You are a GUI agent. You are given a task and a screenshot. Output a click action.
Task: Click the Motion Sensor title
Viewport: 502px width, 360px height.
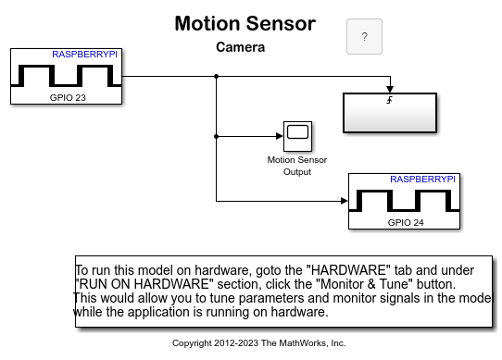coord(245,24)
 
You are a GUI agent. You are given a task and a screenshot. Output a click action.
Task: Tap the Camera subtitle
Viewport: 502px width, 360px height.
coord(241,47)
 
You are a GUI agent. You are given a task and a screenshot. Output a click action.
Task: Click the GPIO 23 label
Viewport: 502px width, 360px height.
coord(68,97)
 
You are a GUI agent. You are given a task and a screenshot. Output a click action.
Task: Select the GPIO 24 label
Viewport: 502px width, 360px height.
coord(406,222)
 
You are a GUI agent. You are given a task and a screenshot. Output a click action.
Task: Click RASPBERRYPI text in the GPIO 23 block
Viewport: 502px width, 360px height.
coord(85,55)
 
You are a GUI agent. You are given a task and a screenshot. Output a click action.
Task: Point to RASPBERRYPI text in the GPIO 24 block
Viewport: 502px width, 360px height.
coord(422,180)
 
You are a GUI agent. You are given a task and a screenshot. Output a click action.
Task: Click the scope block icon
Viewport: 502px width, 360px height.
coord(297,136)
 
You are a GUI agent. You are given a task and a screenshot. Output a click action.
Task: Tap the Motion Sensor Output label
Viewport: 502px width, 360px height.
coord(297,166)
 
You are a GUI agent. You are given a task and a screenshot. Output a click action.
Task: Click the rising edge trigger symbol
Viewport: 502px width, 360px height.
coord(389,100)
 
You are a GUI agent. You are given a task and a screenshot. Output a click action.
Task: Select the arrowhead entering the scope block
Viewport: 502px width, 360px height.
coord(280,136)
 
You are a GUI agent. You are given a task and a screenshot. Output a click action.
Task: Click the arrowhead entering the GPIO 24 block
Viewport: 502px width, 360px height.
coord(345,201)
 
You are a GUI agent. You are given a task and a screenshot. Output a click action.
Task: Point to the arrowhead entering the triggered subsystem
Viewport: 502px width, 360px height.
coord(390,89)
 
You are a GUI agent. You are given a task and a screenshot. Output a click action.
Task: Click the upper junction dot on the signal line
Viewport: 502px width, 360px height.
coord(217,77)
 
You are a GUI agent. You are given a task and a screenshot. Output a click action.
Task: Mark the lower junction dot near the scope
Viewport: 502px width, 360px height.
coord(217,136)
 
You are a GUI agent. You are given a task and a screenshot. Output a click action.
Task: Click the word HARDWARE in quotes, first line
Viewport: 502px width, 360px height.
coord(348,270)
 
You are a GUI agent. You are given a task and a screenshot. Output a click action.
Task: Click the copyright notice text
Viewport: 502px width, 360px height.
coord(258,343)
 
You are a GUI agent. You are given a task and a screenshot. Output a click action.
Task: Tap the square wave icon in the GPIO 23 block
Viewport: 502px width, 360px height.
coord(67,76)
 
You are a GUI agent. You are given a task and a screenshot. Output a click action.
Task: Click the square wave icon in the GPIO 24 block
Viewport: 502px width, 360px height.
coord(405,201)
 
